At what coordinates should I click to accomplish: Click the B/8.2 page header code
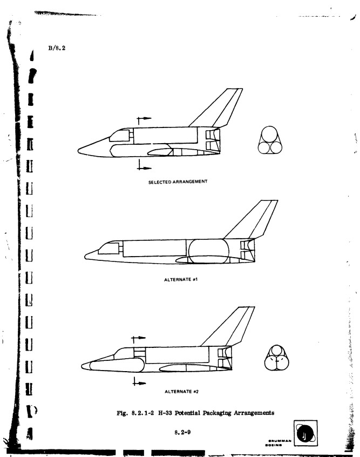(x=57, y=48)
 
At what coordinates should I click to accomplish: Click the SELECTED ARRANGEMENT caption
(x=178, y=182)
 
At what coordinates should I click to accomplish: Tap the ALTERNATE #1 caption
(x=181, y=279)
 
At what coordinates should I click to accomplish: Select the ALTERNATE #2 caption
(x=181, y=392)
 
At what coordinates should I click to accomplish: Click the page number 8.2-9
(x=182, y=432)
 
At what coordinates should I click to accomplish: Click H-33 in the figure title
(x=165, y=413)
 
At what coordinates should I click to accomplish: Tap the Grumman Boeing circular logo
(x=305, y=433)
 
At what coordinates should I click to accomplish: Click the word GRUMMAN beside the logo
(x=280, y=441)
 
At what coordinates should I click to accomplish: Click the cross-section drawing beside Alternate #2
(x=277, y=358)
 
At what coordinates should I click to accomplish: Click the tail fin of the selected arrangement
(x=219, y=107)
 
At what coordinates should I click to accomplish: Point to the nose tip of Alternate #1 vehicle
(x=85, y=257)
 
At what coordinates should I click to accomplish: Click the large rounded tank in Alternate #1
(x=208, y=251)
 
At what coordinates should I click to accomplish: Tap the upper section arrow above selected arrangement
(x=144, y=119)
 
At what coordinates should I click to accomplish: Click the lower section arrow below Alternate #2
(x=139, y=382)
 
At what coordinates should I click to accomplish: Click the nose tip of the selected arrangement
(x=78, y=151)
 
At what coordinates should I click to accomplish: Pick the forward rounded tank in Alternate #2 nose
(x=117, y=364)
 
